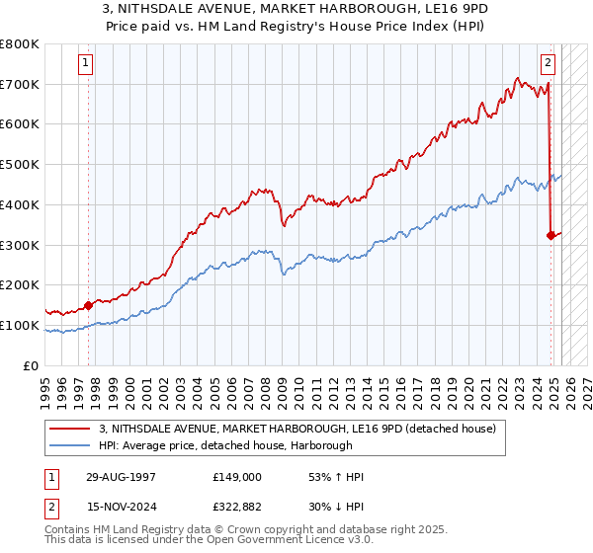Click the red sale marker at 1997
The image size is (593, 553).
point(88,305)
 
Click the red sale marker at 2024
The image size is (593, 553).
point(551,235)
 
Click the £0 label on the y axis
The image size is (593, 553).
point(33,365)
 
